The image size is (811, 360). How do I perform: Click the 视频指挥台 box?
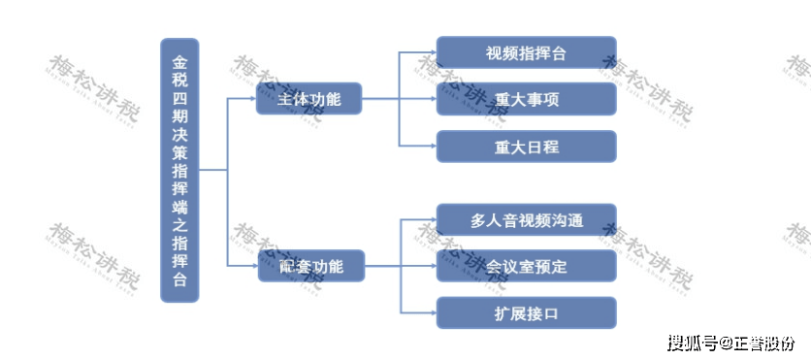click(x=526, y=52)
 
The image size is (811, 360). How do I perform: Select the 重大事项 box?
click(x=526, y=99)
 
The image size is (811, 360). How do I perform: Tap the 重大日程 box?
click(x=526, y=147)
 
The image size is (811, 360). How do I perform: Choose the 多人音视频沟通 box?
click(x=526, y=219)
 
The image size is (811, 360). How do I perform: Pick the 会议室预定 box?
click(x=526, y=266)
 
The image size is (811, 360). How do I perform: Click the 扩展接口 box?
click(x=526, y=312)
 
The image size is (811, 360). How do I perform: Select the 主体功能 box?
click(x=308, y=99)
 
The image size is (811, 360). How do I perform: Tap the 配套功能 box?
click(x=311, y=266)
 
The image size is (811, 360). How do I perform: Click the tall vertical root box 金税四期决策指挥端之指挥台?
click(x=179, y=170)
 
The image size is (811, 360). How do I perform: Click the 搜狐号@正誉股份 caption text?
click(x=730, y=343)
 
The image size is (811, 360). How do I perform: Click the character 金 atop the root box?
click(x=179, y=60)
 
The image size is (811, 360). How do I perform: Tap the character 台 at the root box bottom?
click(x=179, y=280)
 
